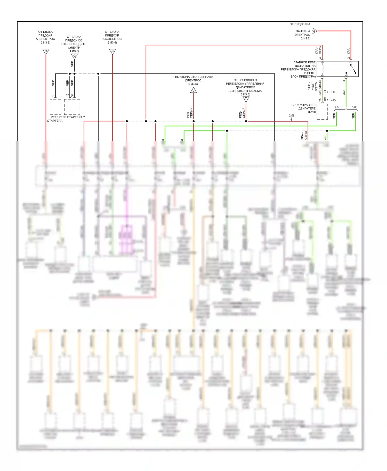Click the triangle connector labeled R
[x=46, y=51]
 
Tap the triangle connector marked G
[x=74, y=56]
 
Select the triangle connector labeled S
[x=112, y=51]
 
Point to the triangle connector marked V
[x=193, y=90]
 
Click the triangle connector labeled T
[x=246, y=99]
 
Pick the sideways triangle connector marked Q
[x=314, y=31]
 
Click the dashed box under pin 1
[x=55, y=107]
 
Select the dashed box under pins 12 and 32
[x=72, y=107]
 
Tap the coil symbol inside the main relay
[x=322, y=69]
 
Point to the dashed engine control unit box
[x=322, y=112]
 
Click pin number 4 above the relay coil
[x=320, y=58]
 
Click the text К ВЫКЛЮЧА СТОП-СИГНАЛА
[x=193, y=77]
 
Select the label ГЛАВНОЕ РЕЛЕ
[x=304, y=62]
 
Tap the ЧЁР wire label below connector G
[x=72, y=63]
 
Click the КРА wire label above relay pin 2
[x=349, y=51]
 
